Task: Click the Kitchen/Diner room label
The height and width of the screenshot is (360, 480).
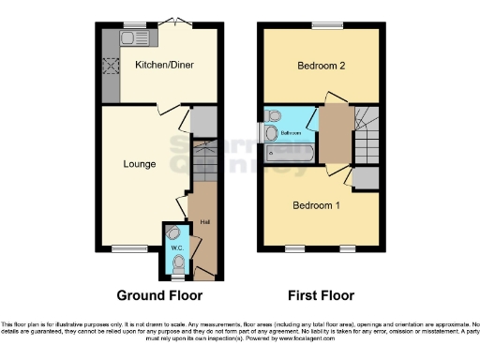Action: (x=160, y=65)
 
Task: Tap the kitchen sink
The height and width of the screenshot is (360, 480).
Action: (x=110, y=39)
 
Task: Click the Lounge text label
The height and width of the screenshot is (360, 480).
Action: (x=140, y=164)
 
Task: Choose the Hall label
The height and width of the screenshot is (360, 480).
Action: (x=204, y=222)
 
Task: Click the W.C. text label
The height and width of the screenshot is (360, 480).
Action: (x=176, y=248)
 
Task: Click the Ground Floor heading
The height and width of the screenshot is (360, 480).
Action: (x=159, y=295)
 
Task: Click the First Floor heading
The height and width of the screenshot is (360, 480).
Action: (x=321, y=295)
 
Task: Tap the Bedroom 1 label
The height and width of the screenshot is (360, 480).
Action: (x=314, y=205)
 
